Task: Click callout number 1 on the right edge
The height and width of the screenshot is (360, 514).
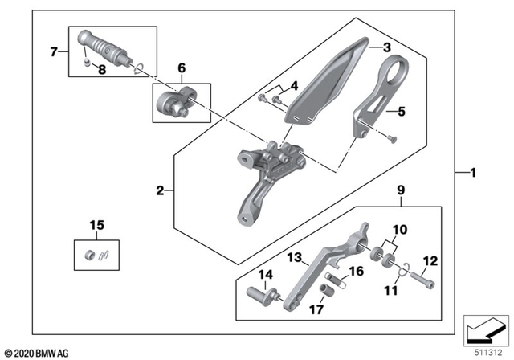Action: click(x=473, y=173)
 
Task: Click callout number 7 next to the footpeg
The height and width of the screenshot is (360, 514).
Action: click(x=54, y=53)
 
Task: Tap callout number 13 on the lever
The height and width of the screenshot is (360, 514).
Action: click(x=293, y=257)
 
